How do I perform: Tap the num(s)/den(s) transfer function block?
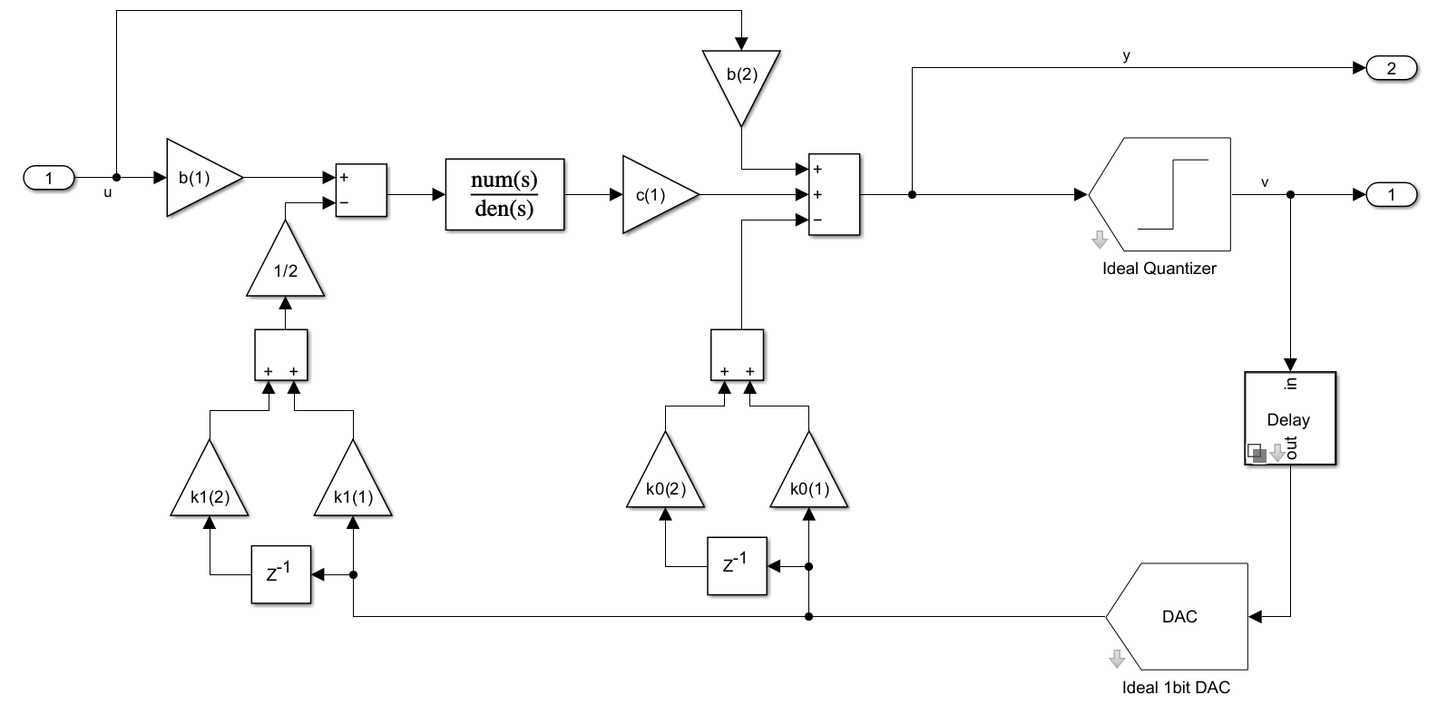click(x=504, y=194)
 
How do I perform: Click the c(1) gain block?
click(x=654, y=194)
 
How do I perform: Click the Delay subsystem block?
click(x=1288, y=418)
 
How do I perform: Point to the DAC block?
click(x=1179, y=616)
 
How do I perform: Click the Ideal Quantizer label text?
click(x=1159, y=269)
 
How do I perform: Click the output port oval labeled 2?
click(x=1390, y=68)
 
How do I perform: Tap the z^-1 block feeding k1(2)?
click(x=280, y=574)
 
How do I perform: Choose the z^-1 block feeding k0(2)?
click(x=736, y=566)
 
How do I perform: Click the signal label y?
click(x=1126, y=56)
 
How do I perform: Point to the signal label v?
click(x=1265, y=182)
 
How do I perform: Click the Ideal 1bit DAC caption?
click(x=1176, y=687)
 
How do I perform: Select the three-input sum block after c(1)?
click(x=834, y=194)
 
